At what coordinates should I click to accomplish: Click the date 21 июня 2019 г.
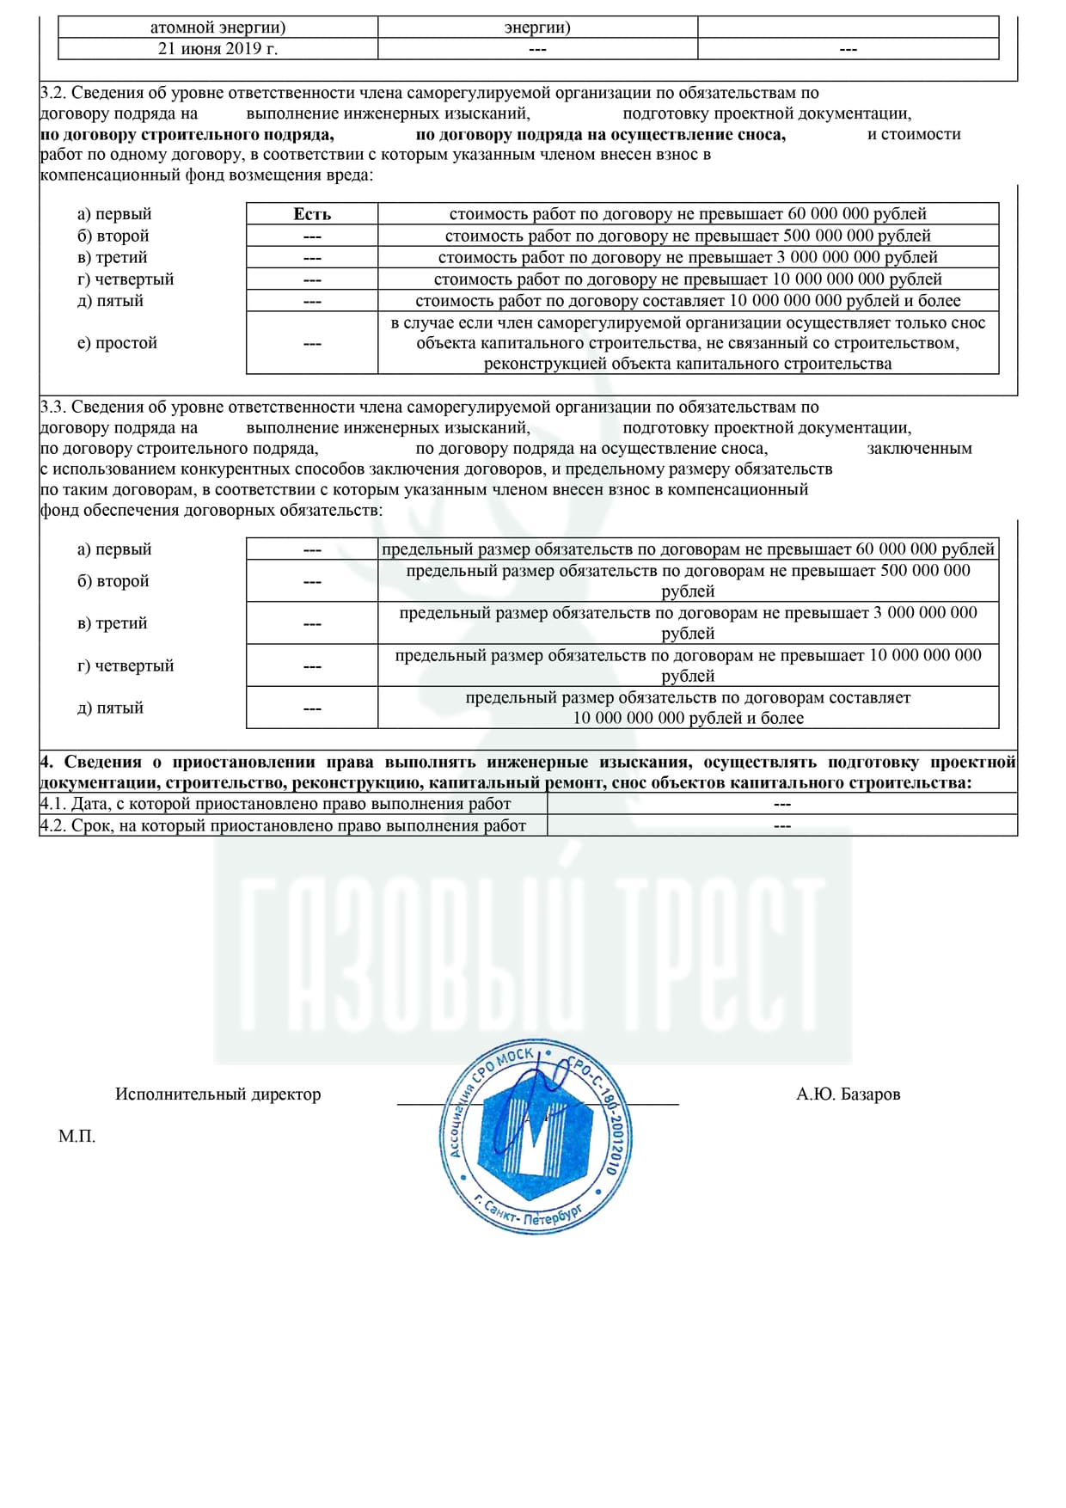(x=217, y=49)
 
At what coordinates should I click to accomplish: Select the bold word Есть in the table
(x=312, y=214)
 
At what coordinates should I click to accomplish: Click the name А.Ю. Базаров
(x=848, y=1094)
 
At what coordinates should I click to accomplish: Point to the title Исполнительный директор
(x=217, y=1094)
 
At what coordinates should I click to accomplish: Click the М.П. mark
(x=77, y=1137)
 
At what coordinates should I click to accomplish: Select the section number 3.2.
(x=52, y=93)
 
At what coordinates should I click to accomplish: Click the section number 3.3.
(x=52, y=407)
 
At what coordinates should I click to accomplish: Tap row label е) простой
(x=117, y=343)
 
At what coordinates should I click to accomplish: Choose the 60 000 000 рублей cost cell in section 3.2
(x=688, y=214)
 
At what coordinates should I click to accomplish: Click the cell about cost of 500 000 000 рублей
(x=688, y=236)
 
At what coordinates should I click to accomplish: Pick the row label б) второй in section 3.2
(x=113, y=236)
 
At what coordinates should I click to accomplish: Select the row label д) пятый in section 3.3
(x=110, y=708)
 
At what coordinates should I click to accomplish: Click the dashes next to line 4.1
(x=782, y=805)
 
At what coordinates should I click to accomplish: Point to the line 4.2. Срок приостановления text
(x=283, y=826)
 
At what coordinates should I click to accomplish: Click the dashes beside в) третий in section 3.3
(x=312, y=624)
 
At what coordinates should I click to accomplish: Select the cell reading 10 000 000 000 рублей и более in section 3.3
(x=688, y=708)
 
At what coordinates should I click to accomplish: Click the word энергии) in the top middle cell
(x=537, y=28)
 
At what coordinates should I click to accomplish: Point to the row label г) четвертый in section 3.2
(x=126, y=279)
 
